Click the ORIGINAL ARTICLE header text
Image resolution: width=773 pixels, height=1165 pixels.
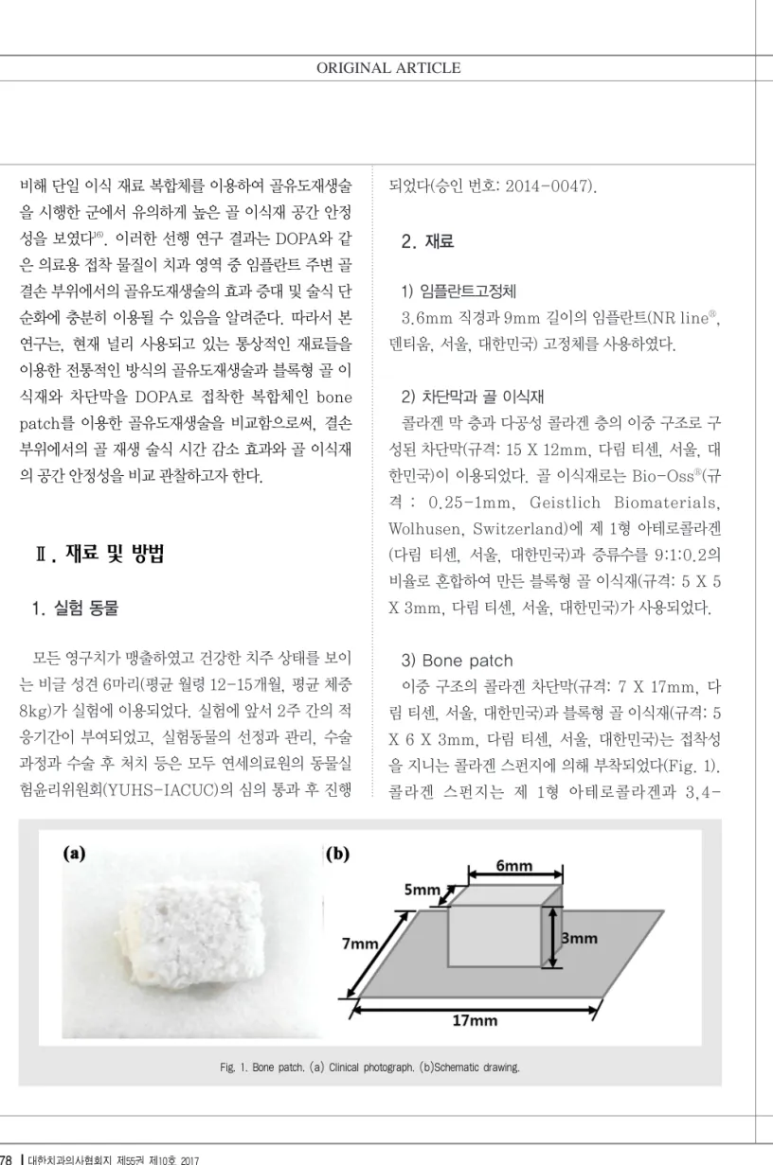tap(388, 68)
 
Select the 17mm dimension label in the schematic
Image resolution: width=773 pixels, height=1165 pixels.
tap(475, 1020)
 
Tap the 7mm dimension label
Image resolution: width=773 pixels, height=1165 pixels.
tap(360, 943)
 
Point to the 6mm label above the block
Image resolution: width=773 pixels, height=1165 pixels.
tap(514, 865)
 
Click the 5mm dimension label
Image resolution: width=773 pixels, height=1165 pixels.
tap(422, 890)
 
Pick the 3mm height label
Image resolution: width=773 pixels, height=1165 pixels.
tap(580, 938)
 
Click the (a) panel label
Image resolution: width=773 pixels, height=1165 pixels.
tap(74, 854)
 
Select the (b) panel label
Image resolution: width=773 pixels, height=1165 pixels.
tap(337, 854)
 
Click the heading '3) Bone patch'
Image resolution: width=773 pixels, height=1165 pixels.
tap(457, 661)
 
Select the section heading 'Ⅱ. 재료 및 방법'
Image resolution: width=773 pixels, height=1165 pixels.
tap(99, 554)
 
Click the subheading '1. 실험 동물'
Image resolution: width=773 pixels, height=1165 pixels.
tap(76, 608)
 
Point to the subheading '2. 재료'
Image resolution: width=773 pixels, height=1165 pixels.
tap(427, 241)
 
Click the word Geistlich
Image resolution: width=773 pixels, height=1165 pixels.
tap(565, 503)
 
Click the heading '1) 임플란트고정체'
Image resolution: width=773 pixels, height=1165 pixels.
tap(458, 291)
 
